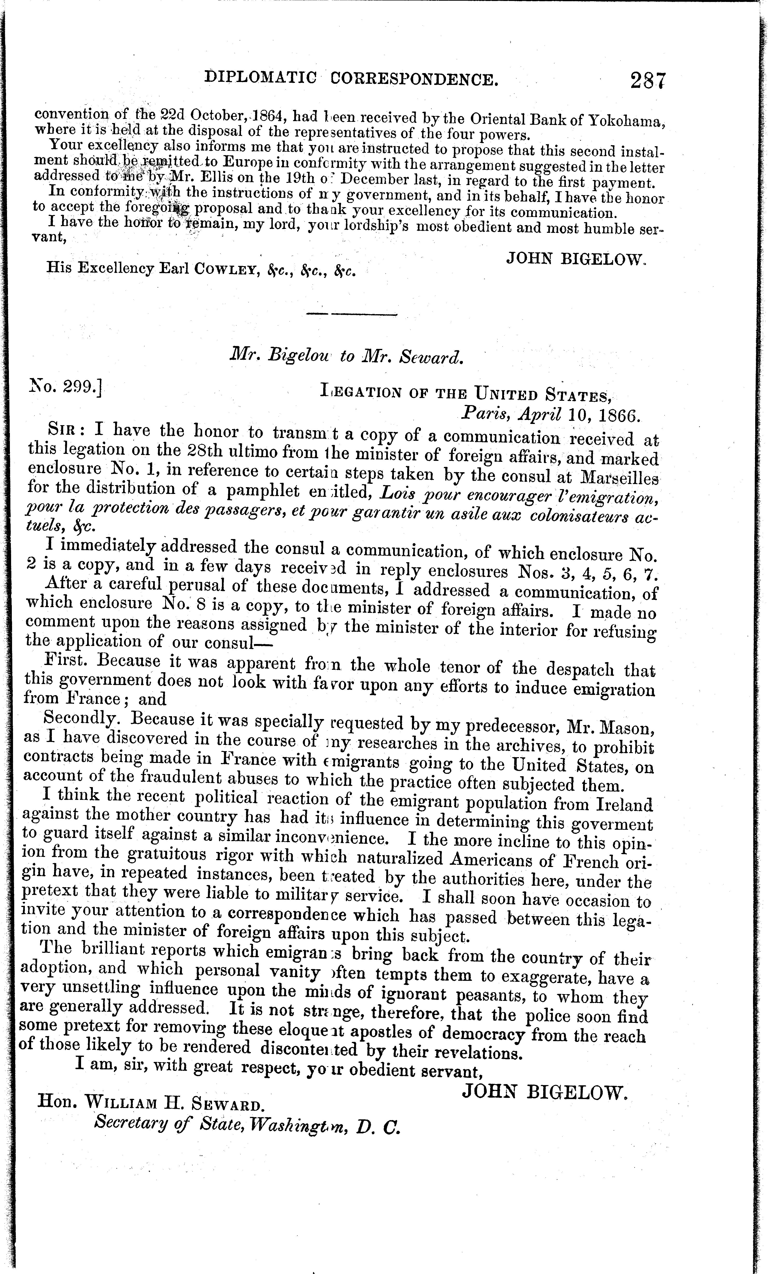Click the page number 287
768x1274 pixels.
coord(648,81)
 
